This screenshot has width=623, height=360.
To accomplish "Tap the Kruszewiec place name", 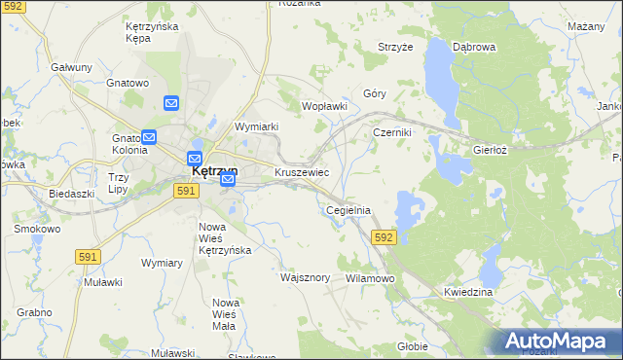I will click(x=302, y=172).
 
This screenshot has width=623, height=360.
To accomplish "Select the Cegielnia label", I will click(x=348, y=210).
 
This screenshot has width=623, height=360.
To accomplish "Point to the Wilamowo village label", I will click(x=370, y=278).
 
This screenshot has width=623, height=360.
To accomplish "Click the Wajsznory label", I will click(x=306, y=277).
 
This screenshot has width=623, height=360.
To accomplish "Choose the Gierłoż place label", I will click(x=491, y=152).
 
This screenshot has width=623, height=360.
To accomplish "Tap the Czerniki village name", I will click(x=393, y=132).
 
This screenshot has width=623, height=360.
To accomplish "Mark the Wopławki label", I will click(x=325, y=105).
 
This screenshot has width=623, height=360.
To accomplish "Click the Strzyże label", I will click(x=396, y=47).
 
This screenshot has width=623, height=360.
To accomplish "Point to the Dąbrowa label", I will click(x=475, y=47).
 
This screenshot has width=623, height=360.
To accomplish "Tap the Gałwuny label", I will click(x=71, y=67).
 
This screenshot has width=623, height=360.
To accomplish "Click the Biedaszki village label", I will click(x=71, y=194).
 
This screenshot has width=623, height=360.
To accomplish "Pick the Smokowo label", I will click(x=37, y=230).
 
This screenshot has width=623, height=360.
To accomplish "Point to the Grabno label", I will click(x=34, y=313).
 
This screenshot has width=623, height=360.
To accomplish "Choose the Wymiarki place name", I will click(x=257, y=126).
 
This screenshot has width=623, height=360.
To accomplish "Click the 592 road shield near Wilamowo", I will click(x=384, y=236).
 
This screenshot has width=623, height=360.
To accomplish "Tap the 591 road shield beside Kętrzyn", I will click(x=188, y=192).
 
